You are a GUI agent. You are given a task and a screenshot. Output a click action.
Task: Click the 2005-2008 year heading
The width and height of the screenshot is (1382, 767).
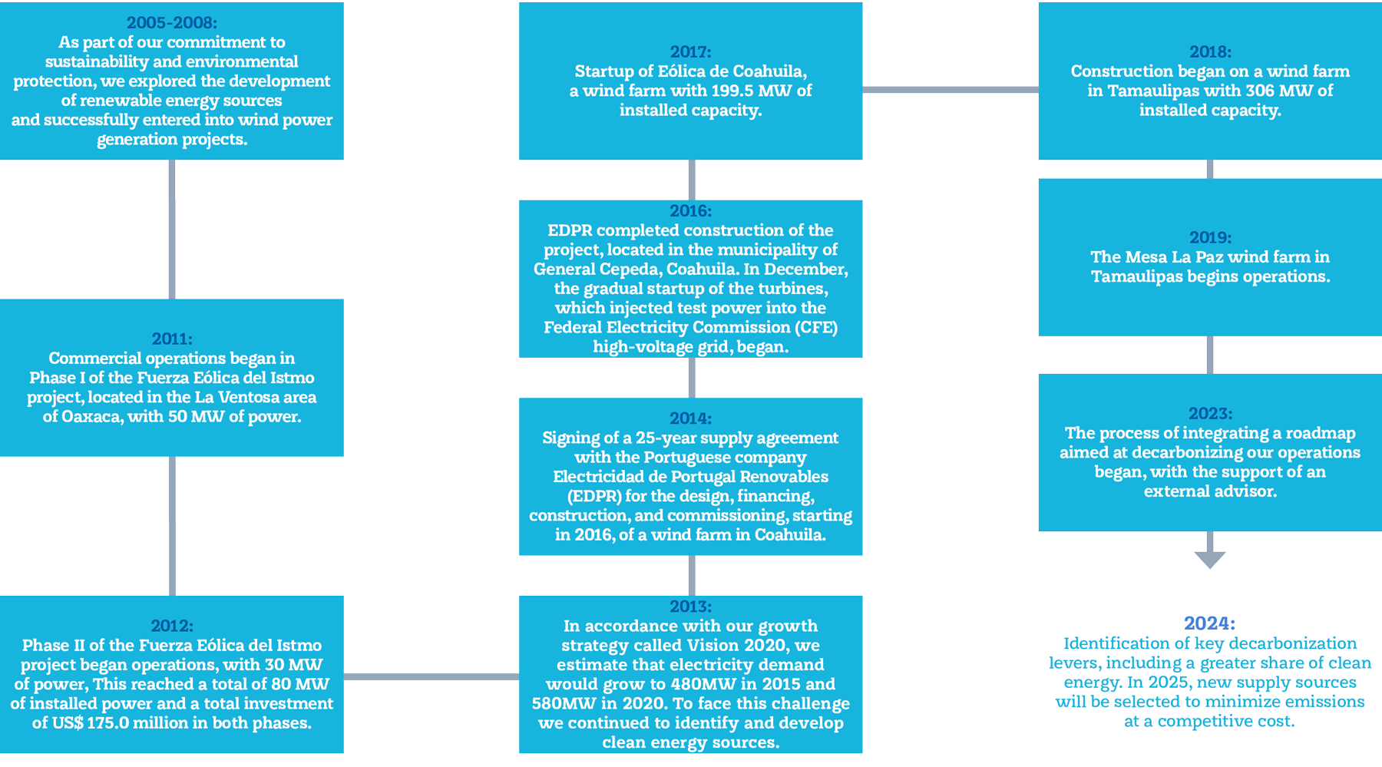point(171,23)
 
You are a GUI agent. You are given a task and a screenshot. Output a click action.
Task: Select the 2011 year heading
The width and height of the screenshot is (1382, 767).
point(171,339)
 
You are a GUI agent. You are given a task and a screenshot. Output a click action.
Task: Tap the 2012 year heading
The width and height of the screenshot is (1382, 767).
point(171,626)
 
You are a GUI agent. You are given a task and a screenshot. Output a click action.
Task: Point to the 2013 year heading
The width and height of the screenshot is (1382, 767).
point(690,607)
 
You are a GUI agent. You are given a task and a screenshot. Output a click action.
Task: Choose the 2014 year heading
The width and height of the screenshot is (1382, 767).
point(690,418)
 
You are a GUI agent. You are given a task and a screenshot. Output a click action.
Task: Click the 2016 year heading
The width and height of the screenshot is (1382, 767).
point(690,211)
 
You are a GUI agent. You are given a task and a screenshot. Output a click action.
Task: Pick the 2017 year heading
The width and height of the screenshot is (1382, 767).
point(690,52)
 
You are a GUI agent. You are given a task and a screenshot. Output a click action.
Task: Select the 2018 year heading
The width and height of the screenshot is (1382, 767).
point(1210,52)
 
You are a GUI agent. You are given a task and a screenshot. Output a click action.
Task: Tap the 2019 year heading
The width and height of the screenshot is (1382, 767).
point(1210,238)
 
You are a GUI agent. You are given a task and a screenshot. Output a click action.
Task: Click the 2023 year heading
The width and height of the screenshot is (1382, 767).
point(1210,414)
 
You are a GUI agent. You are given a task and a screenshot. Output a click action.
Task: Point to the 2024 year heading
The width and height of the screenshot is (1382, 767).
point(1210,623)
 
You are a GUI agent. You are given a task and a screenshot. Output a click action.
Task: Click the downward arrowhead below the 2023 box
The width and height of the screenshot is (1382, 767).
point(1210,560)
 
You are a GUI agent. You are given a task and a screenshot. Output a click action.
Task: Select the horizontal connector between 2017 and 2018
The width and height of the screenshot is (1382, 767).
point(950,90)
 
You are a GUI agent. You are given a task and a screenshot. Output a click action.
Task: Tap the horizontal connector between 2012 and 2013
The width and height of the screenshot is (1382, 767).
point(431,676)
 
